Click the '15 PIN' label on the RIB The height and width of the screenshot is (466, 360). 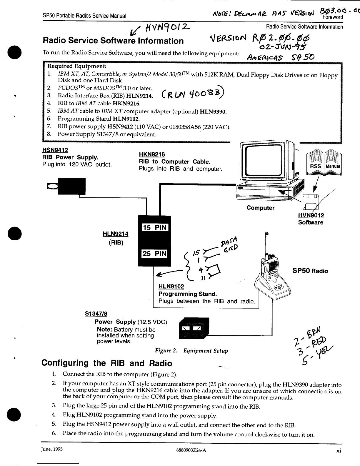(155, 227)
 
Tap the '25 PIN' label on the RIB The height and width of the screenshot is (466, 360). (155, 253)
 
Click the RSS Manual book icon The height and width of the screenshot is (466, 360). (324, 164)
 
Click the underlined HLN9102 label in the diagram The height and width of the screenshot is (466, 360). (171, 287)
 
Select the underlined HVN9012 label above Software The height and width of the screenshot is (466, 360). (311, 216)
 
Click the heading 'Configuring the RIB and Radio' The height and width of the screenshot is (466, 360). (107, 363)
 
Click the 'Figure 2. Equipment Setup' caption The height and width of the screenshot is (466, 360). (191, 351)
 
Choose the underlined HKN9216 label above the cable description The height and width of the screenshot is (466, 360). (152, 154)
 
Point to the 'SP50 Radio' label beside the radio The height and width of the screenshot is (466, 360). (310, 271)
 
